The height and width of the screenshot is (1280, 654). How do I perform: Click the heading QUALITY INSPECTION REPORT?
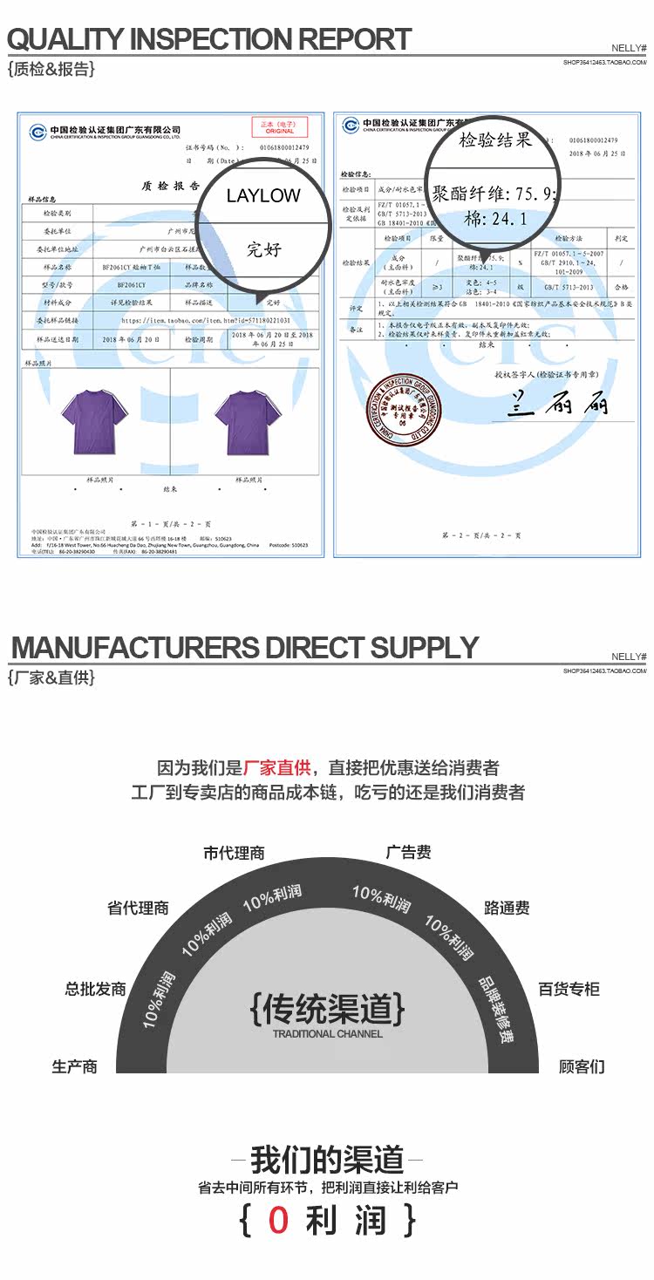tap(209, 39)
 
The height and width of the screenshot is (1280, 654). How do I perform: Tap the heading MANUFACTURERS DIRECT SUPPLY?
tap(244, 648)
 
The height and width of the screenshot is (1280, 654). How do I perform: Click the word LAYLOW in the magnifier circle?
tap(263, 195)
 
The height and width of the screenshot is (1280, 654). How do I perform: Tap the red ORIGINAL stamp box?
tap(279, 127)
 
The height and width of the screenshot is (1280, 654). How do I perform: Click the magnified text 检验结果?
tap(494, 140)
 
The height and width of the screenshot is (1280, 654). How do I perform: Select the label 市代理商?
tap(234, 853)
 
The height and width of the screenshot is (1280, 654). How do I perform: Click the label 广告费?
tap(408, 852)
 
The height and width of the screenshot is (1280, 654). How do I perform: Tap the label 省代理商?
tap(138, 908)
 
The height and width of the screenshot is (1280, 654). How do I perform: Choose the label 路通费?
tap(507, 908)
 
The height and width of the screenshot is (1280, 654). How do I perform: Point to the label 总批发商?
tap(95, 989)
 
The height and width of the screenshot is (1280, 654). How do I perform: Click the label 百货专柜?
tap(569, 989)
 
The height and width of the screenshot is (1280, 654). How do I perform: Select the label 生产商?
tap(74, 1066)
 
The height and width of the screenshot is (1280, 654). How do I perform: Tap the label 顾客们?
tap(582, 1066)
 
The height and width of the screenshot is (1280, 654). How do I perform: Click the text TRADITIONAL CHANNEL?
tap(327, 1034)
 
